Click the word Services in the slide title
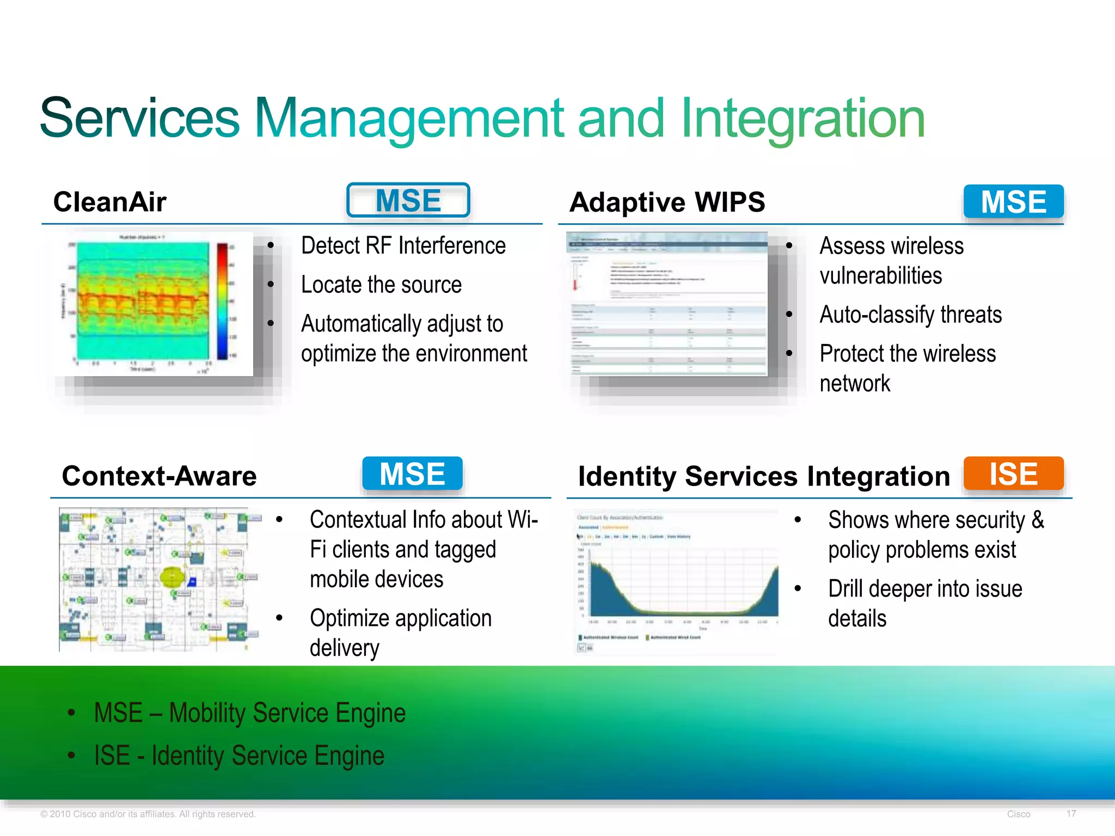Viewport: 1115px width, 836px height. (140, 118)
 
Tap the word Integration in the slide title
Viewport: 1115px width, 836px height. (802, 118)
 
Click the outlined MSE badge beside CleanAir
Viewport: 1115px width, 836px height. (408, 200)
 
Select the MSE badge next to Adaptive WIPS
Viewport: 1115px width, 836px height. (1013, 201)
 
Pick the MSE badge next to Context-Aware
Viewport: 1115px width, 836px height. (412, 474)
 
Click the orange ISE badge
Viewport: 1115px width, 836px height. (1013, 474)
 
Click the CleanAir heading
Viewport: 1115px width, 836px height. (109, 202)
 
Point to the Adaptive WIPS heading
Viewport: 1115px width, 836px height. (667, 202)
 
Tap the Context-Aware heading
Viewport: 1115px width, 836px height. (159, 476)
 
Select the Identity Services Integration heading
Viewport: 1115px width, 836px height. (764, 476)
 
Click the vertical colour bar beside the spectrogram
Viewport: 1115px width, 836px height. (222, 301)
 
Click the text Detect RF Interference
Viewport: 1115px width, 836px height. (403, 245)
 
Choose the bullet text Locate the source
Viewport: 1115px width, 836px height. (381, 285)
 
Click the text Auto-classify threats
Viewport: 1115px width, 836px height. (910, 315)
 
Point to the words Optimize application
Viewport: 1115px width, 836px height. (401, 618)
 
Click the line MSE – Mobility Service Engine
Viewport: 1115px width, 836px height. (249, 713)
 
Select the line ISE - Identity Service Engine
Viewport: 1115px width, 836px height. (239, 755)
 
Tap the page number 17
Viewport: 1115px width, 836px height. (1071, 814)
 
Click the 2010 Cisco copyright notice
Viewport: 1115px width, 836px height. (148, 814)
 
